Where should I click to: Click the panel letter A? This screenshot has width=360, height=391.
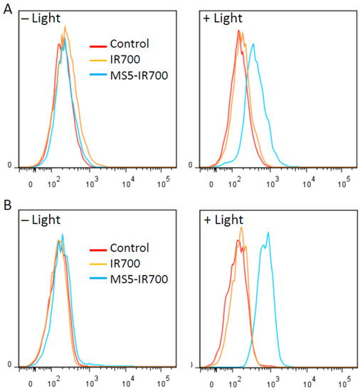6,6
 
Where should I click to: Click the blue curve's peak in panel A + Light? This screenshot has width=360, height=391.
253,44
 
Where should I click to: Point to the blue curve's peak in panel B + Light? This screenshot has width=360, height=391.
268,232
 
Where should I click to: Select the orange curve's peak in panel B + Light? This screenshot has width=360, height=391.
241,227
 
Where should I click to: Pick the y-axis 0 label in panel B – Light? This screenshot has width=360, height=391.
10,365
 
